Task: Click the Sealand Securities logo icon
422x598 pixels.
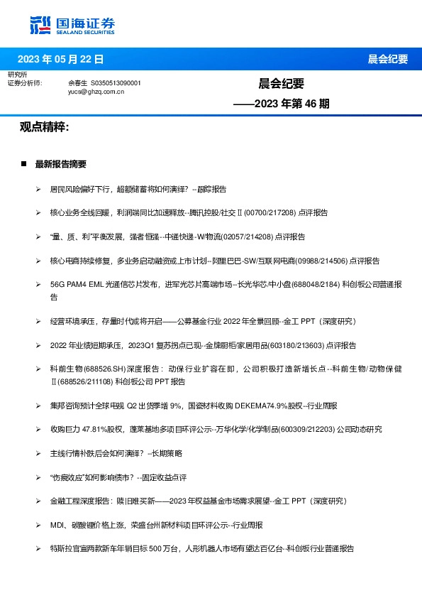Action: pyautogui.click(x=40, y=24)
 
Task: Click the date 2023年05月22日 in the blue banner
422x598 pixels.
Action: pyautogui.click(x=60, y=59)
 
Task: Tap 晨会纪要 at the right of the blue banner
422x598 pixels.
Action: pyautogui.click(x=388, y=59)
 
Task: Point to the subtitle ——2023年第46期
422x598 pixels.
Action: pyautogui.click(x=282, y=104)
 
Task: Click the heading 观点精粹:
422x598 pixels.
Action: pyautogui.click(x=44, y=127)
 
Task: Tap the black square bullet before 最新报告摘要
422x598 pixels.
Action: pyautogui.click(x=23, y=164)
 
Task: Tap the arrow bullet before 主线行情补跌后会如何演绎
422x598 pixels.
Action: pyautogui.click(x=38, y=453)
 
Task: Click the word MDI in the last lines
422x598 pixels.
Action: pyautogui.click(x=57, y=525)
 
